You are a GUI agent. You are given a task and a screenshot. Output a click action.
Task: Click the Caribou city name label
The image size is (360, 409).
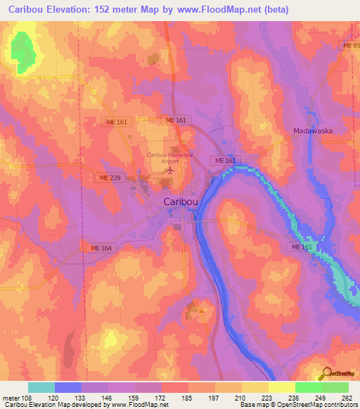click(x=181, y=201)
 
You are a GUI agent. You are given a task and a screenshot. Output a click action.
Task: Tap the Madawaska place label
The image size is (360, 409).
click(x=312, y=131)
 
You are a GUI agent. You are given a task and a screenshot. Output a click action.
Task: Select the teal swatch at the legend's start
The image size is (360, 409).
click(x=41, y=387)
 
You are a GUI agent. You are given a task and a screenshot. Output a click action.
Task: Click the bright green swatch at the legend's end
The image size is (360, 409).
click(x=335, y=387)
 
